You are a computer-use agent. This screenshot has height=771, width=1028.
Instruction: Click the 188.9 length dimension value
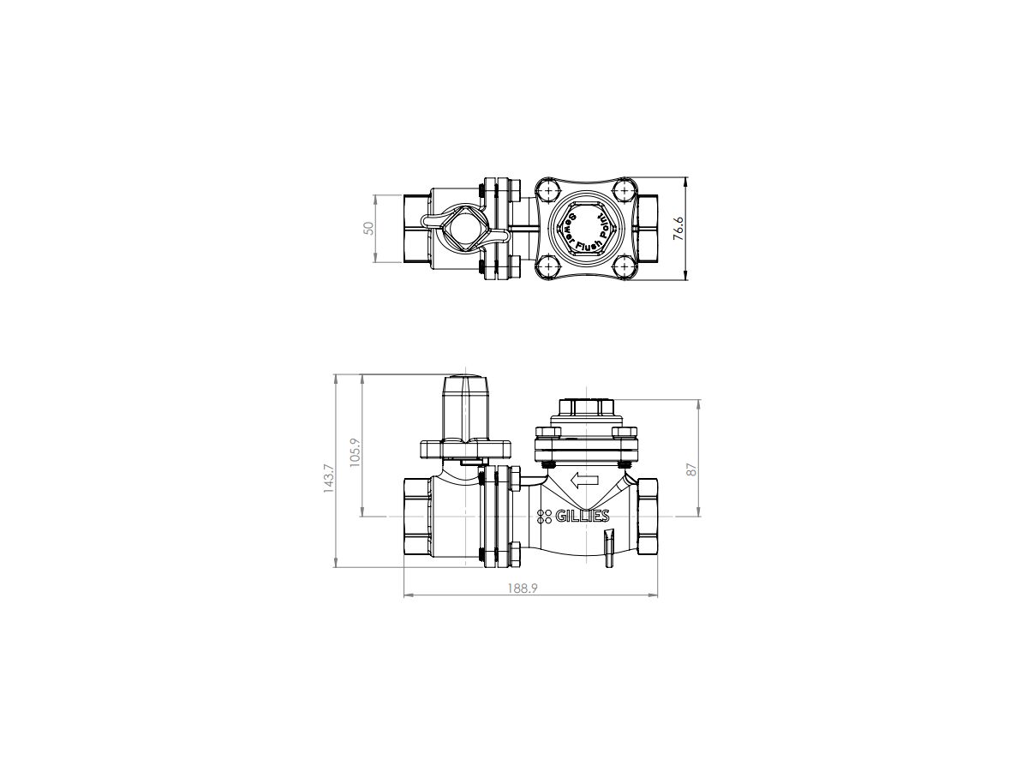point(529,587)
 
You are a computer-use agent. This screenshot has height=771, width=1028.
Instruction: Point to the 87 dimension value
point(694,469)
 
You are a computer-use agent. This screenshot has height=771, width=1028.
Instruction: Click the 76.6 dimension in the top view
point(678,230)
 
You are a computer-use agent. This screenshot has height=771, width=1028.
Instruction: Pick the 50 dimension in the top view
point(368,228)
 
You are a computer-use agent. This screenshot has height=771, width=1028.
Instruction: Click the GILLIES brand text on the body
point(583,516)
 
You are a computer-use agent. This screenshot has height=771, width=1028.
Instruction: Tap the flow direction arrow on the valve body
point(585,481)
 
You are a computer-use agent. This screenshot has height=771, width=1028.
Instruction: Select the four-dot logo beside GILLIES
point(544,516)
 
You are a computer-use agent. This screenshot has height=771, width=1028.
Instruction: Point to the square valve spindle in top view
point(460,229)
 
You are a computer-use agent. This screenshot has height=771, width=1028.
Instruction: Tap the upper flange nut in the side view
point(516,476)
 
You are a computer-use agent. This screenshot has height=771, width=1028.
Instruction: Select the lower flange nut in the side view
point(516,553)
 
